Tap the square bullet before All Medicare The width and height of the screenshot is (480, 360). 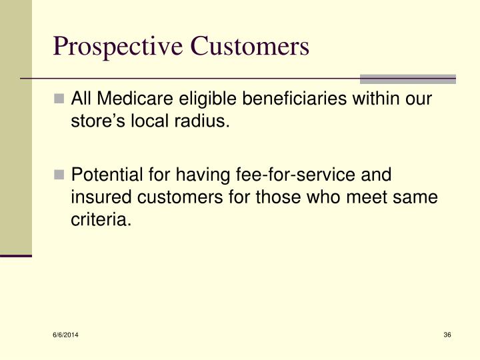[x=60, y=100]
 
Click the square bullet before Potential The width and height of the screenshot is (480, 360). [x=60, y=175]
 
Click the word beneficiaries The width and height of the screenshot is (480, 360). [x=278, y=100]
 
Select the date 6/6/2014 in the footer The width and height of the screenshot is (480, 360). [x=65, y=334]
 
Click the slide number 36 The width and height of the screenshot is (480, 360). [x=447, y=334]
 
